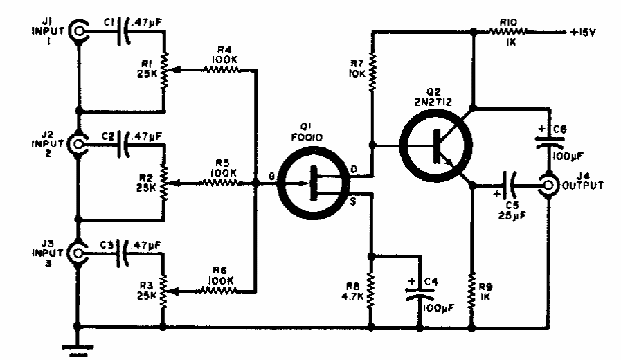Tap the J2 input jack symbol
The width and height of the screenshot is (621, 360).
[x=79, y=144]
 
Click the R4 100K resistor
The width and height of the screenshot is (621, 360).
[x=219, y=69]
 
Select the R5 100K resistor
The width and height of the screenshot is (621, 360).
[x=219, y=183]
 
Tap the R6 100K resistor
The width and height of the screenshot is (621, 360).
[x=219, y=291]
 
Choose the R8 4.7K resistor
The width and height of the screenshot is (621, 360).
[x=372, y=291]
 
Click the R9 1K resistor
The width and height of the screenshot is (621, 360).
[x=473, y=291]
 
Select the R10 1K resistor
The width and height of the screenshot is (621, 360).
[x=509, y=30]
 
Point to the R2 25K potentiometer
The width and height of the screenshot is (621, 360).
[x=164, y=183]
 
